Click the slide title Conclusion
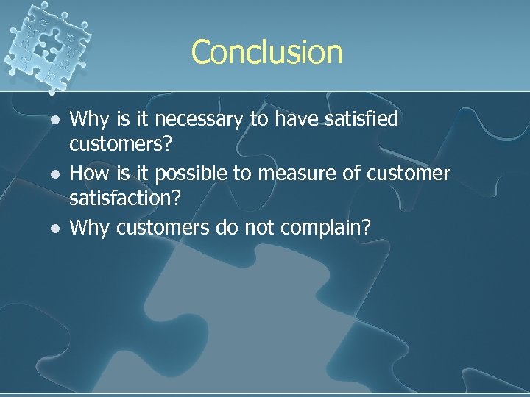click(x=266, y=52)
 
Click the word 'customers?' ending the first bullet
click(x=121, y=144)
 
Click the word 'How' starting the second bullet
click(x=88, y=174)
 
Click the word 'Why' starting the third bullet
click(x=88, y=229)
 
